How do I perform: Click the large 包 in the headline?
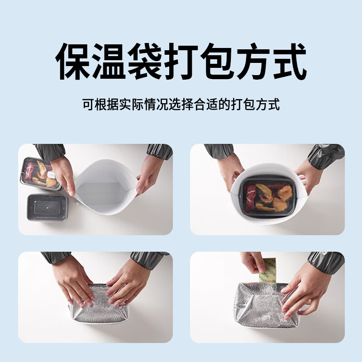pyautogui.click(x=217, y=61)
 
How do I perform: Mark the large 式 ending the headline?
pyautogui.click(x=288, y=61)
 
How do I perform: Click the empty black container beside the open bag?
pyautogui.click(x=47, y=207)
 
